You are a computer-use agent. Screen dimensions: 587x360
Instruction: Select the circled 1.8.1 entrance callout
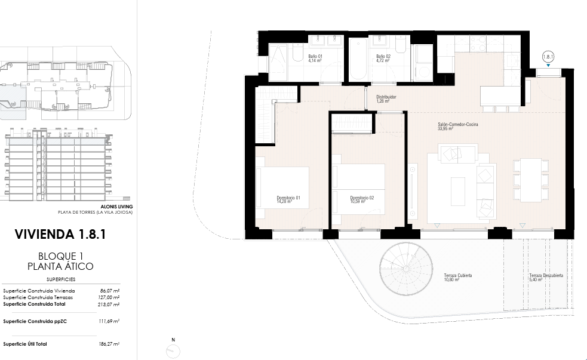pyautogui.click(x=548, y=57)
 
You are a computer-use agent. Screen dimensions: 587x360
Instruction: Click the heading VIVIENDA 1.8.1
pyautogui.click(x=60, y=234)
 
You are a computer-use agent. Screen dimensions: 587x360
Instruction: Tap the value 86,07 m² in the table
pyautogui.click(x=110, y=291)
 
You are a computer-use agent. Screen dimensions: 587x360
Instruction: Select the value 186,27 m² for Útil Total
pyautogui.click(x=109, y=344)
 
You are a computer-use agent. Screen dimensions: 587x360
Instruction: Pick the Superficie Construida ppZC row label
pyautogui.click(x=35, y=321)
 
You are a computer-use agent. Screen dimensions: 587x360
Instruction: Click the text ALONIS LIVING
pyautogui.click(x=116, y=207)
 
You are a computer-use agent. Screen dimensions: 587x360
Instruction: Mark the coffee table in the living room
pyautogui.click(x=458, y=191)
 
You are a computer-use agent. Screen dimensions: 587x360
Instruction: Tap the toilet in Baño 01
pyautogui.click(x=298, y=53)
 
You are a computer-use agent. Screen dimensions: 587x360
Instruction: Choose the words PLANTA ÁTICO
pyautogui.click(x=60, y=266)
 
